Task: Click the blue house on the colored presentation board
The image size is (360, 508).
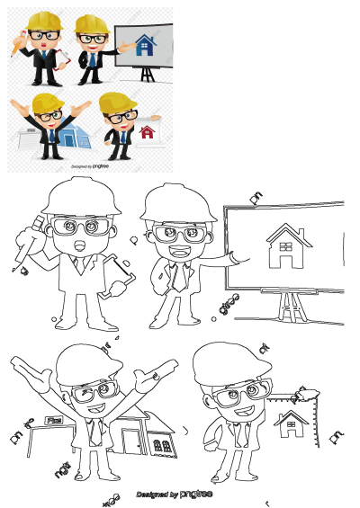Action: [143, 47]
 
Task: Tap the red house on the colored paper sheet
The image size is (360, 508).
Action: [147, 132]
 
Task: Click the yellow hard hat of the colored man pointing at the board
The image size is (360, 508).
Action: [89, 23]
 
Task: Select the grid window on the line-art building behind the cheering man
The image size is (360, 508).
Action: [164, 444]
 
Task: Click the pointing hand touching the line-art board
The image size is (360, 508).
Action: [236, 258]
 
